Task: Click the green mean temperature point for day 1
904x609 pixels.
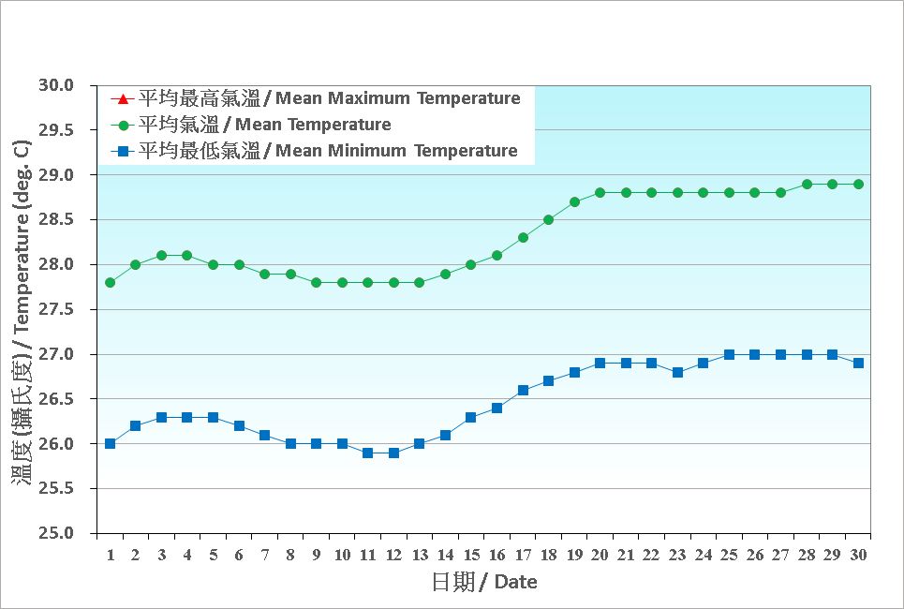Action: point(111,282)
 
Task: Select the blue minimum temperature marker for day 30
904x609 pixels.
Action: point(858,363)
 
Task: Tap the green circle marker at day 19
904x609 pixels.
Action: point(574,201)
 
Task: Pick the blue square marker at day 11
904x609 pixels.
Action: point(368,453)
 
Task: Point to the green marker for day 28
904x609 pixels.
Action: point(807,184)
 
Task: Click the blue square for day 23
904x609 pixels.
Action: point(677,372)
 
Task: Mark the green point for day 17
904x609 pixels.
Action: point(523,237)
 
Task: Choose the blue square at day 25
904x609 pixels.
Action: point(729,354)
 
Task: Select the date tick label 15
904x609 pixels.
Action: point(471,555)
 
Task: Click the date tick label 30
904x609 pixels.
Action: point(858,555)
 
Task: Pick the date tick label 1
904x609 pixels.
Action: point(111,555)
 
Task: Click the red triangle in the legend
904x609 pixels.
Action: point(123,98)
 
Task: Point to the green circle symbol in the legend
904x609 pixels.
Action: point(123,125)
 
